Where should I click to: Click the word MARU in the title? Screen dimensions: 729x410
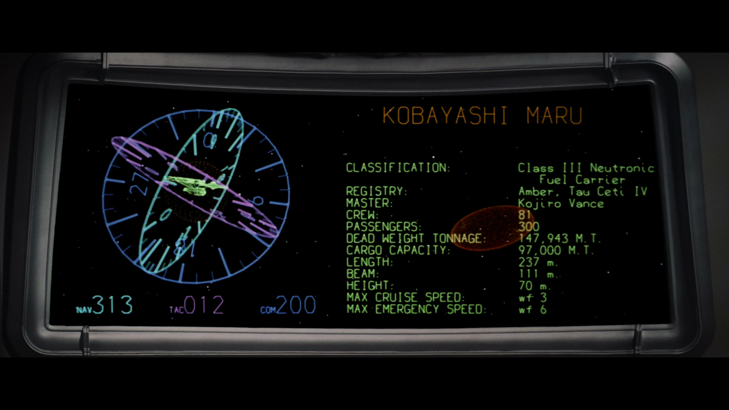point(554,115)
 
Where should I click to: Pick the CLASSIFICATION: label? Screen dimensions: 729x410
point(398,168)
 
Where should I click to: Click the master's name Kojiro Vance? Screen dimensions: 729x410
point(561,203)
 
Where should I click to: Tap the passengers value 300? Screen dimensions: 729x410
point(529,227)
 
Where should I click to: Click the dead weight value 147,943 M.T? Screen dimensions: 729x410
point(559,239)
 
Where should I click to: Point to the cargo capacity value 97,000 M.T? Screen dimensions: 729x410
point(555,250)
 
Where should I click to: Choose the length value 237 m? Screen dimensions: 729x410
point(538,262)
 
